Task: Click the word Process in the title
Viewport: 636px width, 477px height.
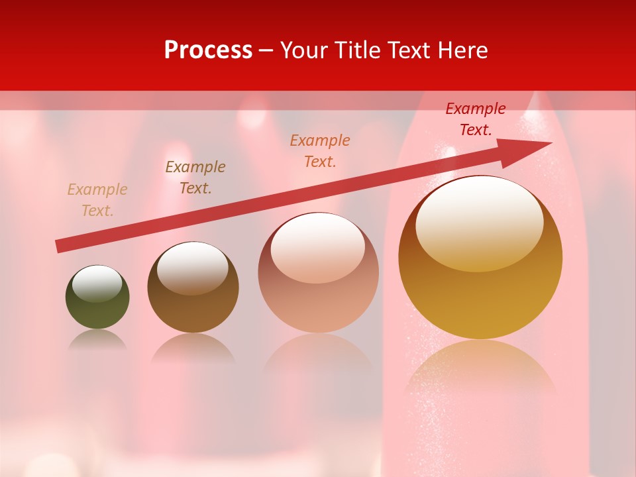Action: (208, 50)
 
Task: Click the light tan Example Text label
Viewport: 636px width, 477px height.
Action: (97, 200)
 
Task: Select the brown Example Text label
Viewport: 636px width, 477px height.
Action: (195, 178)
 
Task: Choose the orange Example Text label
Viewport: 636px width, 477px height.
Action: (320, 151)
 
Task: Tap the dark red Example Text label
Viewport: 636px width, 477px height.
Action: (476, 119)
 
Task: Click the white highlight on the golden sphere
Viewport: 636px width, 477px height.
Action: (480, 223)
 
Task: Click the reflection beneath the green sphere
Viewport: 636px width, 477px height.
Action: (97, 341)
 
